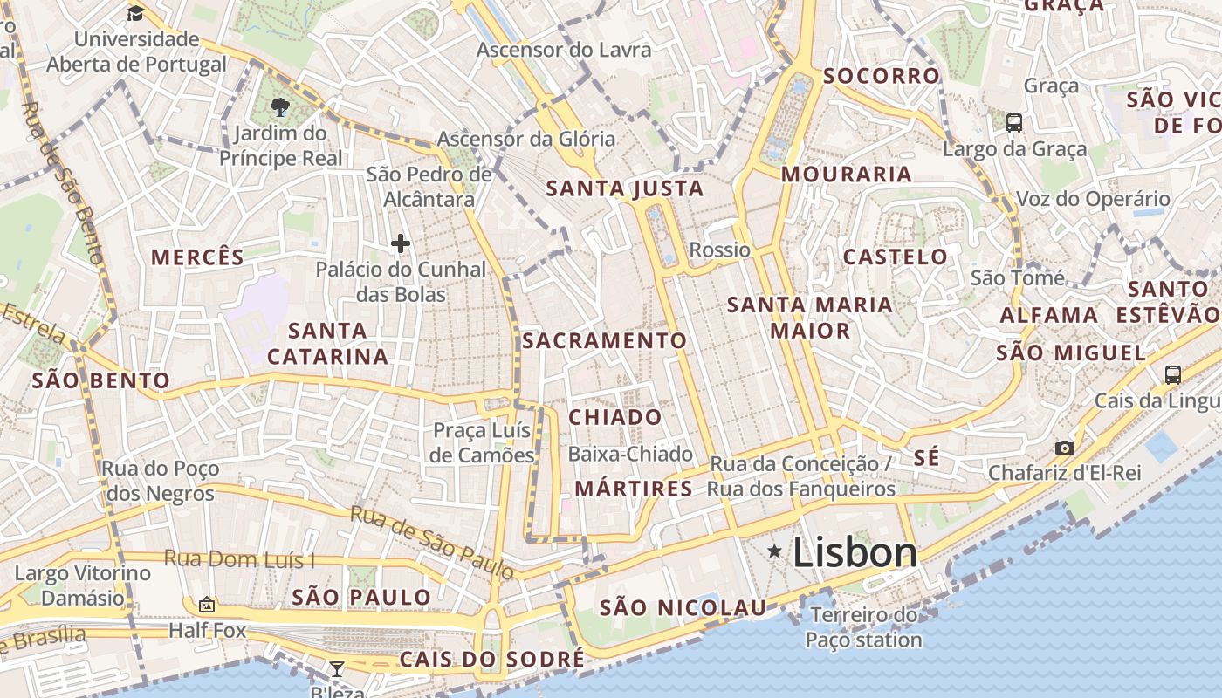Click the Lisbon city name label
point(855,552)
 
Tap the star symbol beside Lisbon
point(774,551)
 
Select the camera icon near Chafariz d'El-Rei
point(1065,448)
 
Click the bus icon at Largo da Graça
point(1014,122)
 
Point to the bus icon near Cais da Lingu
point(1173,375)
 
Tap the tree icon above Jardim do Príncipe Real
point(279,108)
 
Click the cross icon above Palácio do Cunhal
point(401,243)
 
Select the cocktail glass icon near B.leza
point(337,669)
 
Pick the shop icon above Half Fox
point(207,604)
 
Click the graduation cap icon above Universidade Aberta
point(135,13)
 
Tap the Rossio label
point(720,250)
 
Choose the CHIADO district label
point(615,417)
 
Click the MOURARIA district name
point(847,174)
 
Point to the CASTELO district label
point(896,257)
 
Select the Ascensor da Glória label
point(526,139)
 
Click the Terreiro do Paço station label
point(863,627)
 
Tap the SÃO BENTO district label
point(101,380)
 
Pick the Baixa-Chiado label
point(630,454)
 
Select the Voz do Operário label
point(1093,199)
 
